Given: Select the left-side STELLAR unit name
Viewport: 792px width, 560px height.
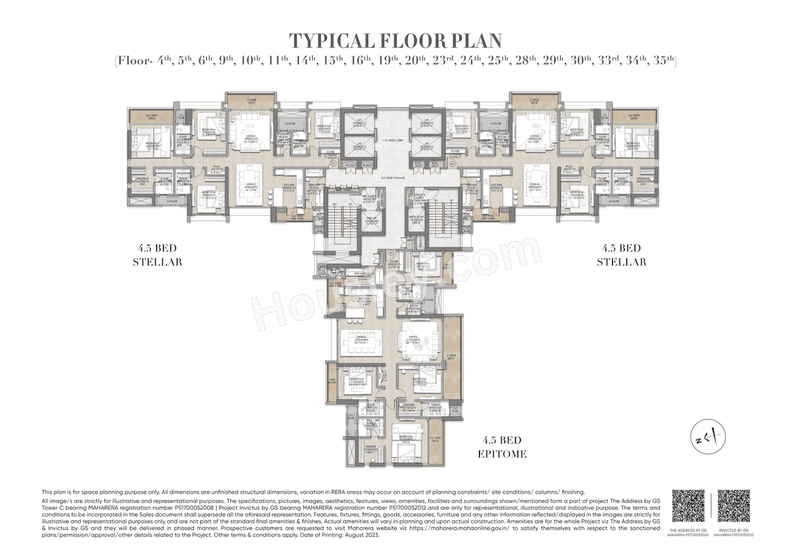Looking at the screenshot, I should pos(157,262).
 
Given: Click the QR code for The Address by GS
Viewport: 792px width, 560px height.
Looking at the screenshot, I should pos(688,506).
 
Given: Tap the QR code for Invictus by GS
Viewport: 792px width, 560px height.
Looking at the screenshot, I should pos(733,506).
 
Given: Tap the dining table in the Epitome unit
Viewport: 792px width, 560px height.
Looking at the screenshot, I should pos(360,343).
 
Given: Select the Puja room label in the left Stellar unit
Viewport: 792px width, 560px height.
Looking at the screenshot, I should pos(217,168).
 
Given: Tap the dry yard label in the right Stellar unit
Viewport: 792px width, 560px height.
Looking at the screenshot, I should pos(488,218).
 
